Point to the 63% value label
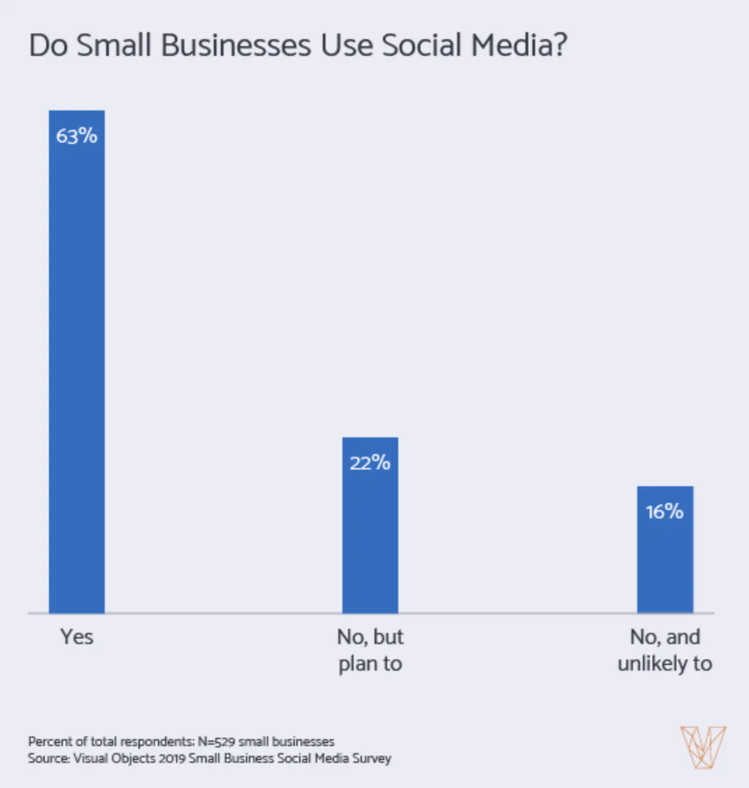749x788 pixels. coord(76,136)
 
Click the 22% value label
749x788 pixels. coord(370,462)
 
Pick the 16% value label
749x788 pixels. coord(664,511)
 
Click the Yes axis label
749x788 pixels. coord(76,637)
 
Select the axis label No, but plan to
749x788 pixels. coord(370,650)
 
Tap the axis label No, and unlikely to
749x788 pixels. coord(664,650)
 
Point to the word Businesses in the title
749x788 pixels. coord(236,46)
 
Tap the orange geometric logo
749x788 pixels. coord(703,747)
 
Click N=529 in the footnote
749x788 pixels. coord(216,741)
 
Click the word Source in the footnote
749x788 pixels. coord(48,759)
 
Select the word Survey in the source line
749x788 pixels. coord(372,759)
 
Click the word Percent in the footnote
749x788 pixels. coord(48,741)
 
